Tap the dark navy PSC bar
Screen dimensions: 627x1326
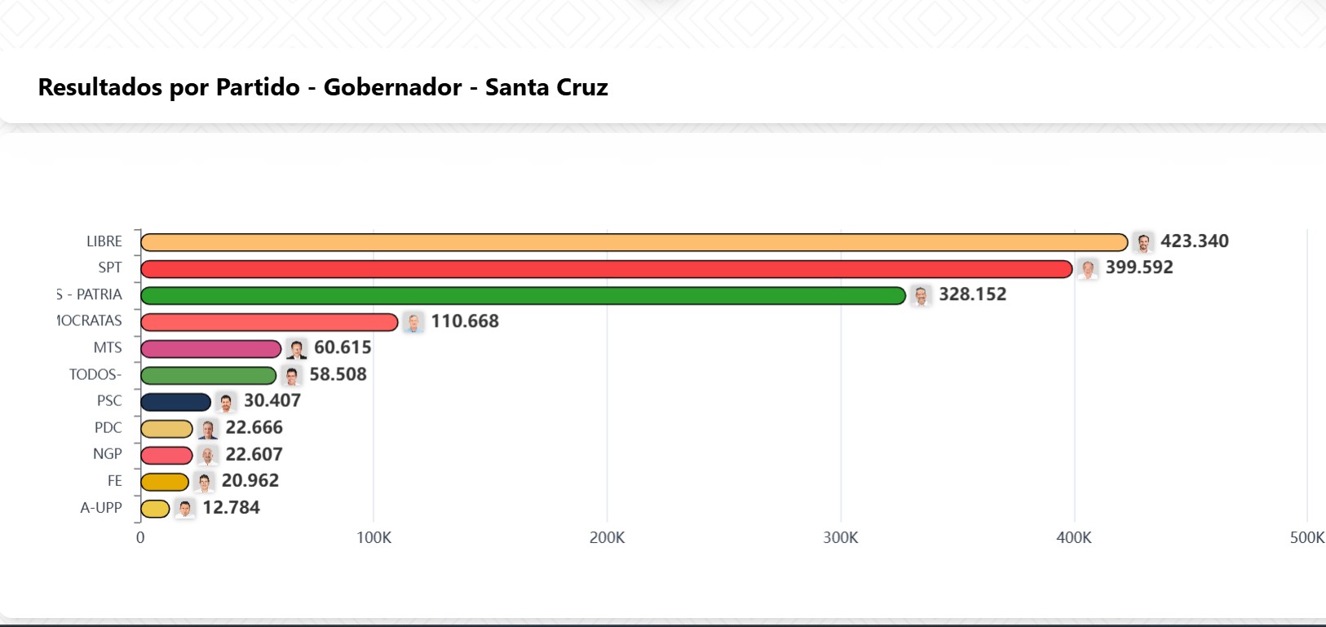(x=175, y=402)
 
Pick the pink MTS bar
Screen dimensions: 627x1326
(x=210, y=349)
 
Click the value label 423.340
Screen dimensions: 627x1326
(x=1194, y=241)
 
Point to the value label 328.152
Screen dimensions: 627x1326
(x=972, y=294)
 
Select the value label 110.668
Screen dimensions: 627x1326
(x=465, y=321)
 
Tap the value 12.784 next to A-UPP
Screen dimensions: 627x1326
(x=231, y=508)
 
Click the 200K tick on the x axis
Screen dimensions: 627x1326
(x=607, y=538)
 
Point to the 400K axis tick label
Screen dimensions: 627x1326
(x=1073, y=538)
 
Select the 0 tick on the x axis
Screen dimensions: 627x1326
(x=140, y=538)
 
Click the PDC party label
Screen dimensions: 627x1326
(x=108, y=428)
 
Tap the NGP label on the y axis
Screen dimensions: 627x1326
(x=107, y=454)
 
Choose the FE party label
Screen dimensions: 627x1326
(x=114, y=481)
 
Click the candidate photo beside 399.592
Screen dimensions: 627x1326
(x=1087, y=269)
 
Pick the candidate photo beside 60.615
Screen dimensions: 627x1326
(x=297, y=349)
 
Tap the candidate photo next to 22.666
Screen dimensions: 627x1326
(x=208, y=429)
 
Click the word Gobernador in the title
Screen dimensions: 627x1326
(x=392, y=87)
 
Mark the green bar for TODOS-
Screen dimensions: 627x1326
(x=208, y=376)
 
